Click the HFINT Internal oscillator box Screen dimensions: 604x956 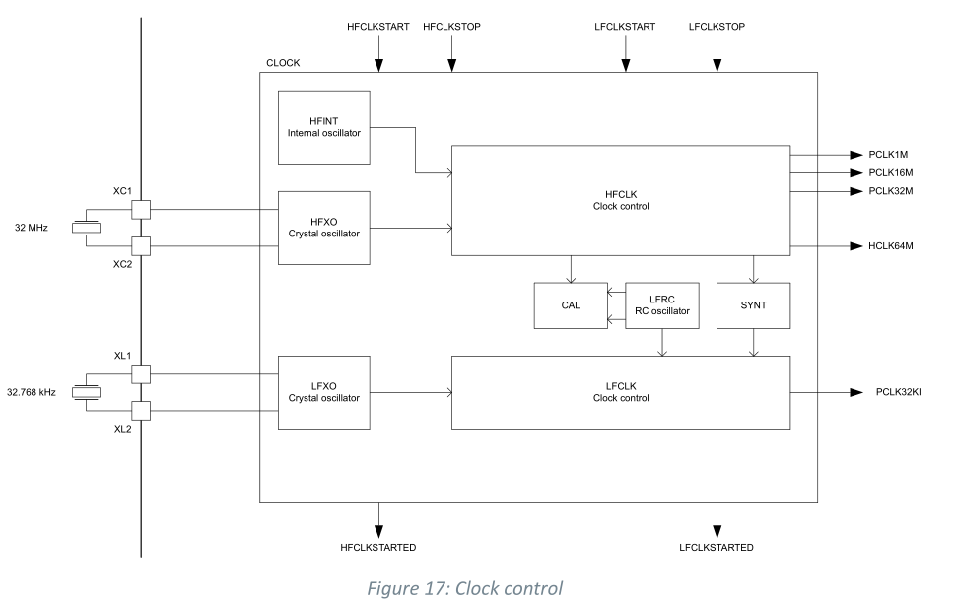[324, 127]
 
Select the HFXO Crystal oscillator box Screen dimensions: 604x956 [324, 228]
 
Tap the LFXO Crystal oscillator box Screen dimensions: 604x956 [324, 392]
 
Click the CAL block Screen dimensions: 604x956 [571, 305]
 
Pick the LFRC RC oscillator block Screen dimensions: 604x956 [661, 305]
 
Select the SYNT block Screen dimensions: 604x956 [753, 305]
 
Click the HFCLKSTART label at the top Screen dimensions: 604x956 [378, 27]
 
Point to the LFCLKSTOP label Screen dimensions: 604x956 [717, 27]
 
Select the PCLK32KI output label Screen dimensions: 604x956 [898, 392]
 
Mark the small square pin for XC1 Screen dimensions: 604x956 [141, 210]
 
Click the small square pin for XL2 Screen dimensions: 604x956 [141, 410]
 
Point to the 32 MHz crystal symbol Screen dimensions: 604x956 [87, 228]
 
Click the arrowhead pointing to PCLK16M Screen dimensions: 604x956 [855, 172]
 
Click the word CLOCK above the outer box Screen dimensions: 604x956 [283, 63]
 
